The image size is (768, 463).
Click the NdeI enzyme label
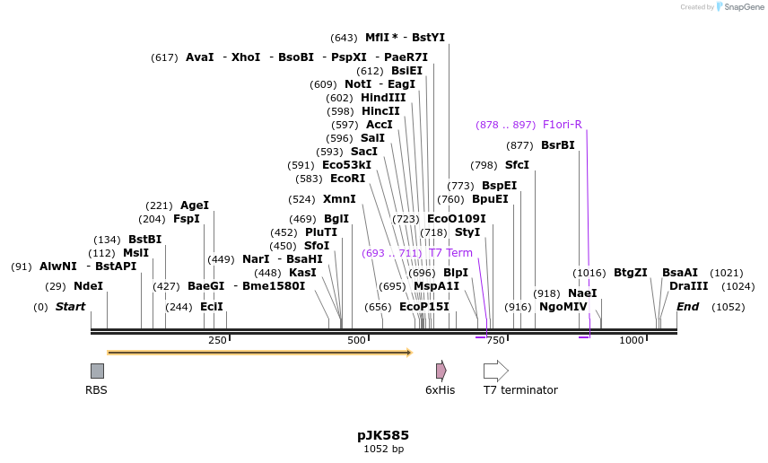pyautogui.click(x=88, y=286)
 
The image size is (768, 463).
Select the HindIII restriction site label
pyautogui.click(x=383, y=98)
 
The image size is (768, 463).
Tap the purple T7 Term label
pyautogui.click(x=450, y=253)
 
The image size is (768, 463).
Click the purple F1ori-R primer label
pyautogui.click(x=563, y=125)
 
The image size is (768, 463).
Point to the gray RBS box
pyautogui.click(x=97, y=371)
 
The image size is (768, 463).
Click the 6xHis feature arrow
pyautogui.click(x=441, y=371)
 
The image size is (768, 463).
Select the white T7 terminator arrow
pyautogui.click(x=495, y=371)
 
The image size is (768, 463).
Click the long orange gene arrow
pyautogui.click(x=258, y=353)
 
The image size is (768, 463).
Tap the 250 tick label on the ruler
pyautogui.click(x=217, y=340)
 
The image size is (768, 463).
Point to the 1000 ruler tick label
pyautogui.click(x=632, y=340)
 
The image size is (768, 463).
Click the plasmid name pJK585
pyautogui.click(x=383, y=435)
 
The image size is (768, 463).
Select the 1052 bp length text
pyautogui.click(x=383, y=449)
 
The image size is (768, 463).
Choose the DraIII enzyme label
pyautogui.click(x=688, y=286)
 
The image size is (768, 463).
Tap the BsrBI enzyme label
pyautogui.click(x=557, y=145)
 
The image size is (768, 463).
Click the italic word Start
pyautogui.click(x=70, y=307)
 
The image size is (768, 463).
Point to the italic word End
pyautogui.click(x=687, y=307)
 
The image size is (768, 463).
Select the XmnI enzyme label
pyautogui.click(x=339, y=199)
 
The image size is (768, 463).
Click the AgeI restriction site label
pyautogui.click(x=195, y=205)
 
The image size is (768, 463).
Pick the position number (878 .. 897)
pyautogui.click(x=505, y=125)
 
